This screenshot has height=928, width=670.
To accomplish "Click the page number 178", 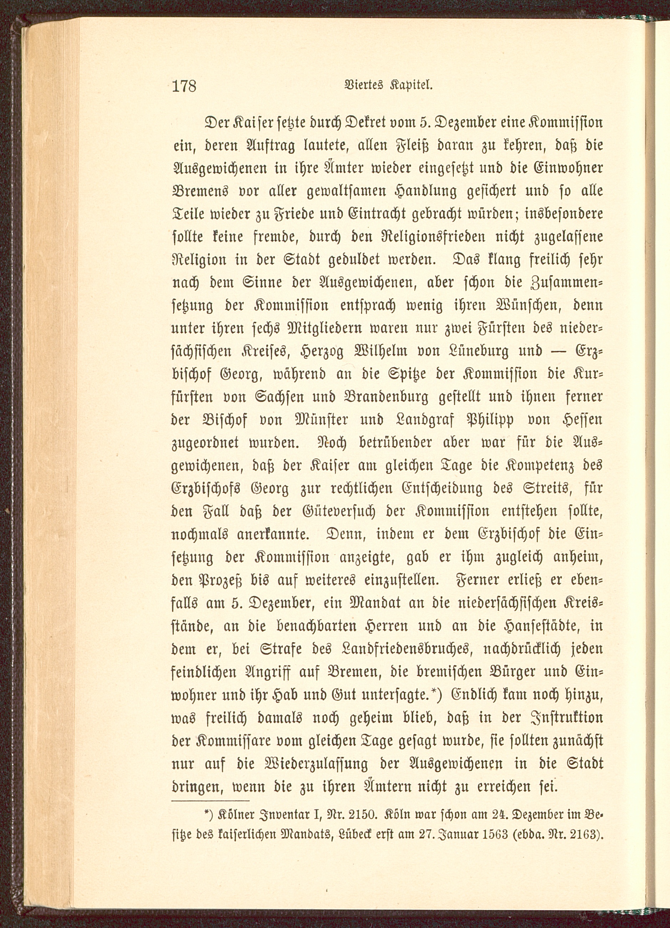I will pyautogui.click(x=184, y=86).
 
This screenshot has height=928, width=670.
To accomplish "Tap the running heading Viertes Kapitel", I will pyautogui.click(x=384, y=86).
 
